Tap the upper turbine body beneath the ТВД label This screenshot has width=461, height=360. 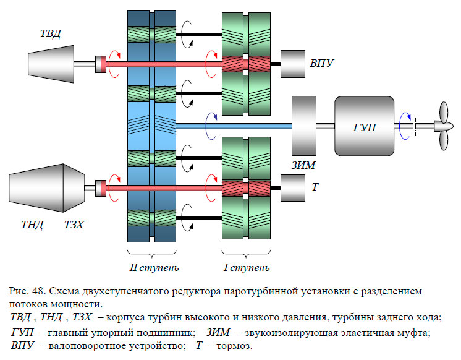pyautogui.click(x=51, y=63)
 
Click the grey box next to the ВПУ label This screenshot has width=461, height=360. pyautogui.click(x=293, y=64)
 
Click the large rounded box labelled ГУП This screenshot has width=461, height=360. pyautogui.click(x=364, y=126)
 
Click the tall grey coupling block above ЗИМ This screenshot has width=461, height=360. pyautogui.click(x=303, y=126)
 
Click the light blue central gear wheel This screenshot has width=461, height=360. pyautogui.click(x=151, y=126)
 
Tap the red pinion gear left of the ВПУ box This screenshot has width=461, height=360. pyautogui.click(x=245, y=64)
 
